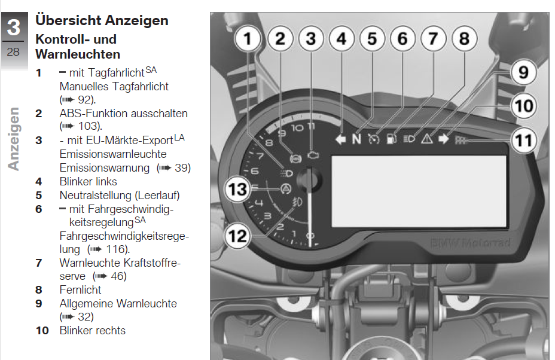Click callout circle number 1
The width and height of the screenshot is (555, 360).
(248, 39)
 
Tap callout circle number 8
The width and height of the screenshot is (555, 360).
(464, 39)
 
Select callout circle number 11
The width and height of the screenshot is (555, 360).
(524, 140)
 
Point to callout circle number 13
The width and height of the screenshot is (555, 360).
(237, 189)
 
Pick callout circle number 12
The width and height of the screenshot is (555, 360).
(237, 236)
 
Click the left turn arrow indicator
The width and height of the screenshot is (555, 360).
(340, 139)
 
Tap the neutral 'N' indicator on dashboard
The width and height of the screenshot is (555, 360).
(357, 139)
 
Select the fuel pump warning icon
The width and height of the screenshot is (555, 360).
(392, 138)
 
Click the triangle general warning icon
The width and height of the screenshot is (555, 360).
(427, 138)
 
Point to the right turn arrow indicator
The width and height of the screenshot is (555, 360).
(444, 139)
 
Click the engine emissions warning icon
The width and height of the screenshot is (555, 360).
(313, 155)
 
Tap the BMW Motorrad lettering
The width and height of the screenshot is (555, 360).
(471, 243)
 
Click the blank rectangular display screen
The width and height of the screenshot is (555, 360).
(419, 191)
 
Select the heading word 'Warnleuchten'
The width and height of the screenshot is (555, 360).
(78, 54)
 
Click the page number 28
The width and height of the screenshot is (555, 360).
(13, 51)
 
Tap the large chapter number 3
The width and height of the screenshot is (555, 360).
(14, 27)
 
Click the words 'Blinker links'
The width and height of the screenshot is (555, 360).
(88, 182)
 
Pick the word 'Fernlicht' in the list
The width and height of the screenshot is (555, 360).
(80, 290)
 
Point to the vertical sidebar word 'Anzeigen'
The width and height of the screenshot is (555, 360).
(13, 139)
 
